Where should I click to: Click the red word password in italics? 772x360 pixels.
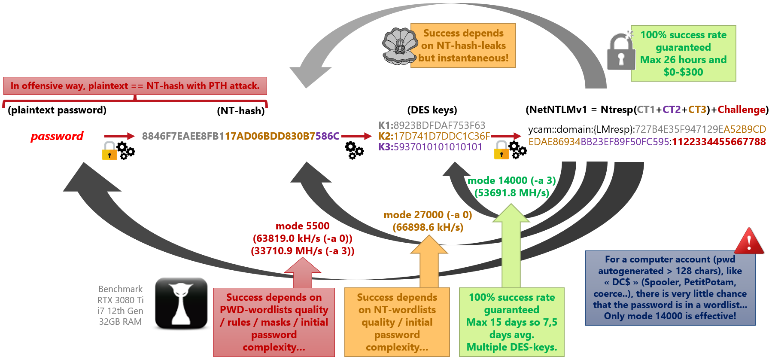click(57, 136)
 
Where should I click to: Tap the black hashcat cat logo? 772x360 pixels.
click(181, 303)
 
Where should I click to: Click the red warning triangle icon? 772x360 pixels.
click(749, 242)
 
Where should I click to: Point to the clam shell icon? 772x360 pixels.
click(399, 46)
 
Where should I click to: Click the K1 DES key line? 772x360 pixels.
click(432, 125)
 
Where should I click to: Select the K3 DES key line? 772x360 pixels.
click(430, 147)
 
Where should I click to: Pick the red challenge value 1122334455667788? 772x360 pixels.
click(719, 142)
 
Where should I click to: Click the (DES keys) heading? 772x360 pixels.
click(432, 110)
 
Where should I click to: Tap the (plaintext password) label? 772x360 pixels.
click(57, 110)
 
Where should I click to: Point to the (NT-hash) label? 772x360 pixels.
click(241, 111)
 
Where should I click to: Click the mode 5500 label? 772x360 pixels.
click(302, 226)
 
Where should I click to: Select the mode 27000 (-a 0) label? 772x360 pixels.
click(428, 215)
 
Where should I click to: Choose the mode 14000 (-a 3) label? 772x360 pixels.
click(511, 180)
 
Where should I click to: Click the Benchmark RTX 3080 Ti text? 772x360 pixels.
click(120, 295)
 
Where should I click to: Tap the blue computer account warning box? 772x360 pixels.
click(670, 288)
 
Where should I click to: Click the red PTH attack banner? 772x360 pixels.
click(135, 86)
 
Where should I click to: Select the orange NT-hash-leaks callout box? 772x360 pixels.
click(463, 46)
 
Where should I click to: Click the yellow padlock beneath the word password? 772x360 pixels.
click(109, 151)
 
